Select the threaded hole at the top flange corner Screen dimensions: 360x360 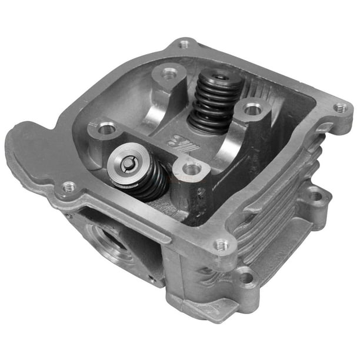[x=185, y=44]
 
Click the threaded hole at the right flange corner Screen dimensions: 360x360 [x=341, y=108]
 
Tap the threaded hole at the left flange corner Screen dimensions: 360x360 [x=69, y=187]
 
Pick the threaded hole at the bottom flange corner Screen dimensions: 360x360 [x=221, y=245]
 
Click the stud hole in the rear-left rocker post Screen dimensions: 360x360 [x=169, y=73]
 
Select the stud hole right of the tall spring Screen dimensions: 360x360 [x=253, y=109]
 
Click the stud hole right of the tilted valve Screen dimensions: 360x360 [x=192, y=169]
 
